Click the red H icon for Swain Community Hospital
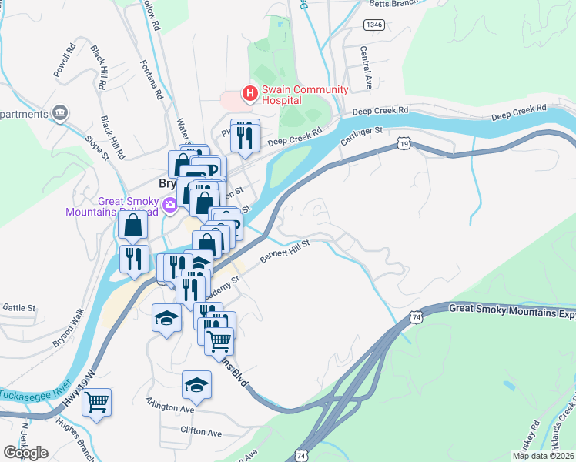click(x=249, y=94)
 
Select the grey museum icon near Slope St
click(x=59, y=114)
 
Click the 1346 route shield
click(x=374, y=25)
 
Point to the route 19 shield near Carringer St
click(x=404, y=144)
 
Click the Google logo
click(x=25, y=453)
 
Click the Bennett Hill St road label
click(x=284, y=253)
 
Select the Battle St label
click(x=19, y=307)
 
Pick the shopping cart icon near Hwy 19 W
click(x=97, y=401)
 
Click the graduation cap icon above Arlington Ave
click(x=196, y=384)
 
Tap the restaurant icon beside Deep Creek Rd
click(x=245, y=136)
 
